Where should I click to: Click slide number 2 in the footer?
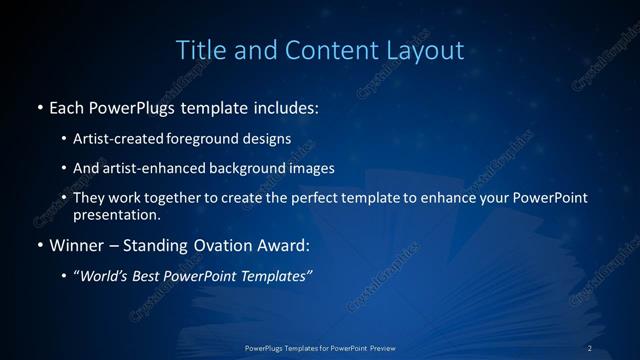pyautogui.click(x=590, y=348)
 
